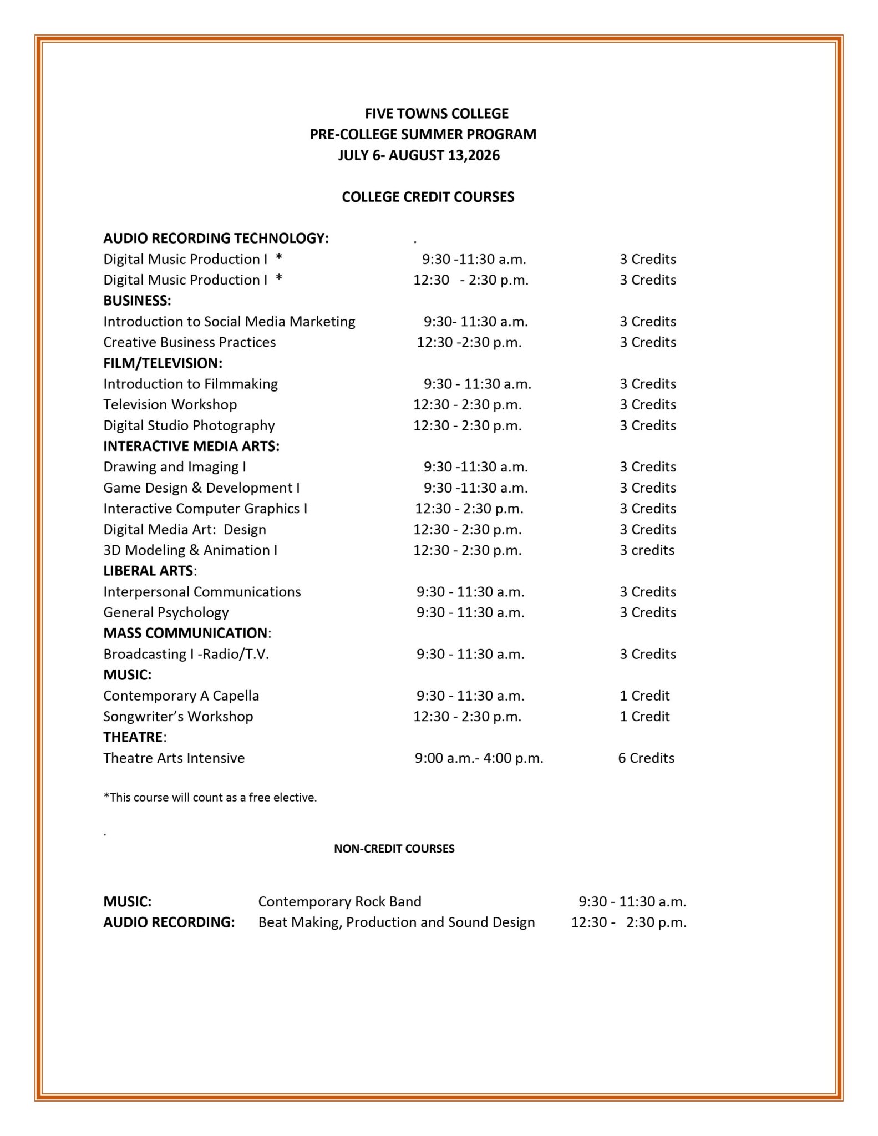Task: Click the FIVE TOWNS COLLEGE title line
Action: (x=437, y=114)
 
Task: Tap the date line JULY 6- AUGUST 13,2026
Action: (x=419, y=155)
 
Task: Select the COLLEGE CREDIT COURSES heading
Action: (x=428, y=197)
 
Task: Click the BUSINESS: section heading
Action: (x=137, y=301)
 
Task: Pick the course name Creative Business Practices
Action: (x=189, y=342)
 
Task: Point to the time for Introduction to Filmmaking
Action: (x=477, y=384)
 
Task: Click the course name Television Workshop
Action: (x=170, y=404)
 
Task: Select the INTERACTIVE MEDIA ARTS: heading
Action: (x=191, y=446)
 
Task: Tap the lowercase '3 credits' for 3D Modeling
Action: (x=647, y=550)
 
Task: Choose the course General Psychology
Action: (x=166, y=612)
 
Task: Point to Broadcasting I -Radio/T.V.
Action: (x=186, y=654)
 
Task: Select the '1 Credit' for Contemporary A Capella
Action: (x=644, y=696)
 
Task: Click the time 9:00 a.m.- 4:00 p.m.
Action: (x=479, y=758)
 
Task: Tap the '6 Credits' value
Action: (x=646, y=758)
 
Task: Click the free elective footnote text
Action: (x=210, y=798)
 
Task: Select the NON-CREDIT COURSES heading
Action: (x=394, y=849)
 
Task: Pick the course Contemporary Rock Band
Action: (x=339, y=901)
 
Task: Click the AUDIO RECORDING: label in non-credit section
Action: (x=169, y=922)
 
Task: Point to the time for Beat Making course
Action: (x=628, y=922)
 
